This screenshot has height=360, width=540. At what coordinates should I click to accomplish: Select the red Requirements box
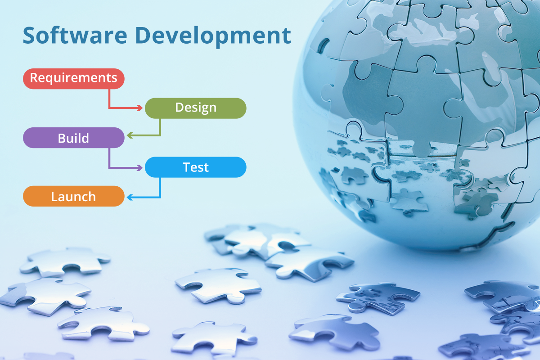73,78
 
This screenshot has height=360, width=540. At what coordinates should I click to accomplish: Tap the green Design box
195,108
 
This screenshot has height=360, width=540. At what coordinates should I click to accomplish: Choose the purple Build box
73,138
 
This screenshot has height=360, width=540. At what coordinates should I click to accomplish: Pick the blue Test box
195,167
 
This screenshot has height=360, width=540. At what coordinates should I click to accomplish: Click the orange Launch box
73,197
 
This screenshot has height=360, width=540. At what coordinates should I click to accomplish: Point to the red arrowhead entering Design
140,108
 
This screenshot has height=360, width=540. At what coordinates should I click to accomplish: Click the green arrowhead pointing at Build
129,135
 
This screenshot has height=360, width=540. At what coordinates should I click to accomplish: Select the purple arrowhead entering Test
140,167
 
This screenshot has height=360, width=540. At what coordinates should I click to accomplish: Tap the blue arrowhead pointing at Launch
129,197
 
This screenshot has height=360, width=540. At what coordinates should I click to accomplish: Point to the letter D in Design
179,108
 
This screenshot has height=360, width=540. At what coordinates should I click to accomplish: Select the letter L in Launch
54,197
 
